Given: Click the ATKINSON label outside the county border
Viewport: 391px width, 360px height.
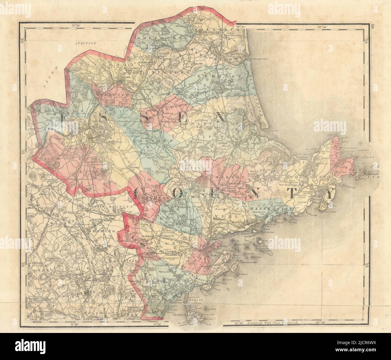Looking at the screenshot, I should pos(86,43).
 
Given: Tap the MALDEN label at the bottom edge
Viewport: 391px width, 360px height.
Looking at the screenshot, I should pos(131,315).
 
